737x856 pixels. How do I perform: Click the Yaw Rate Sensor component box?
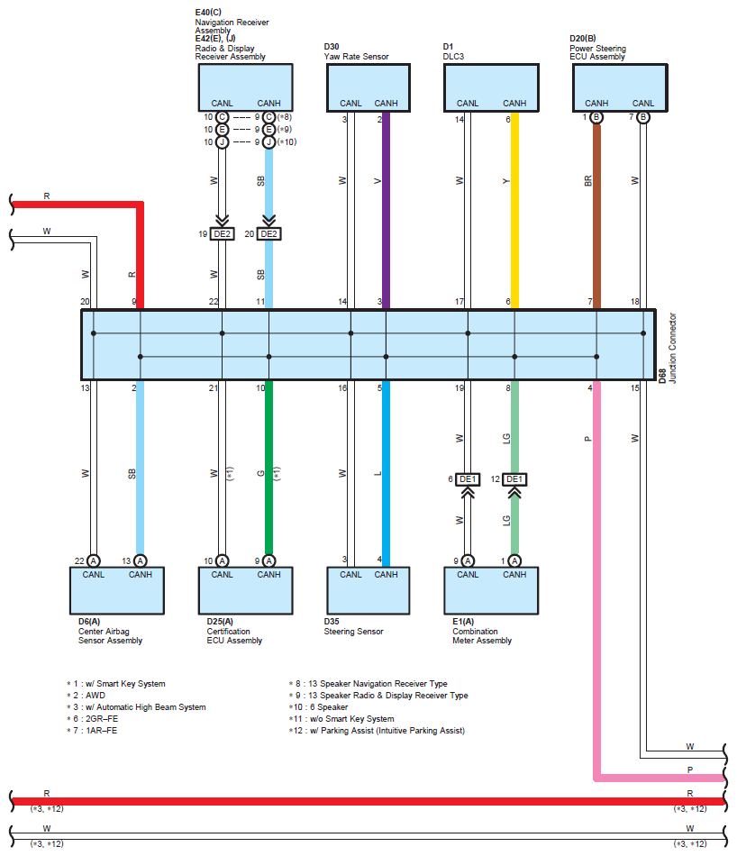coord(368,88)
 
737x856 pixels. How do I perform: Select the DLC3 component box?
coord(491,88)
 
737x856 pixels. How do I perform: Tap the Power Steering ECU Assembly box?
coord(620,88)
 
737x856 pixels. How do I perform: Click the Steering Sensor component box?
coord(368,591)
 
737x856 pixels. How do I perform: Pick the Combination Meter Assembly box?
coord(491,591)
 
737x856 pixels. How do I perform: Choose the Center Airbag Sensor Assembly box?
coord(117,591)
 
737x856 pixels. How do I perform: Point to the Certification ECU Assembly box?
coord(246,591)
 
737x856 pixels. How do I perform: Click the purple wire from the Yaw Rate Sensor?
coord(386,210)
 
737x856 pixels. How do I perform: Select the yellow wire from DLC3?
coord(514,210)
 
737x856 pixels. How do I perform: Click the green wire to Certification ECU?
coord(268,468)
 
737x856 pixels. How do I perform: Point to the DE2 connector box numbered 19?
coord(223,234)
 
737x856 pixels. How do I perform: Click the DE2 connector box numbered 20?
coord(268,234)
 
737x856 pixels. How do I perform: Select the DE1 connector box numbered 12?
coord(514,479)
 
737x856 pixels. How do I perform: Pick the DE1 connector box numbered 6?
coord(468,479)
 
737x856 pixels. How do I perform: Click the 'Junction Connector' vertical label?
coord(673,348)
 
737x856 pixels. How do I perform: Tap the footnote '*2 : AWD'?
coord(86,696)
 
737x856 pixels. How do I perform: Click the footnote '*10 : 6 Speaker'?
coord(318,707)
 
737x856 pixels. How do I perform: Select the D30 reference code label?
coord(332,47)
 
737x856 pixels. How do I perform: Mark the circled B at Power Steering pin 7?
coord(643,117)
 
